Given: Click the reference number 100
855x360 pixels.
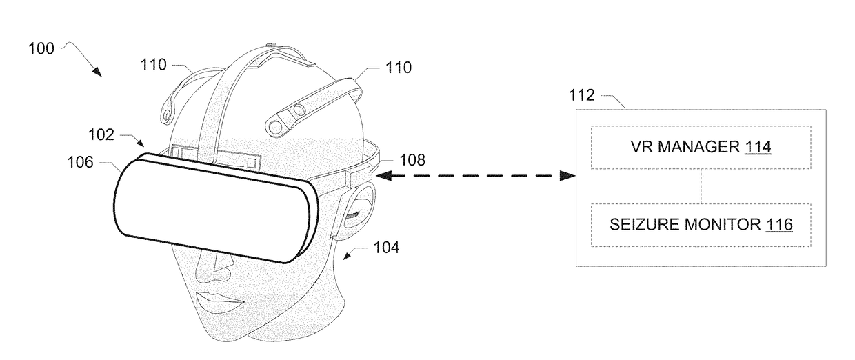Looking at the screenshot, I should point(41,49).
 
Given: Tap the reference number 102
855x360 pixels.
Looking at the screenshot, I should point(101,134).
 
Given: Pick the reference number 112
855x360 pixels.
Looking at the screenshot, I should point(582,95).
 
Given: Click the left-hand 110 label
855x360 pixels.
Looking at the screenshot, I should point(154,65).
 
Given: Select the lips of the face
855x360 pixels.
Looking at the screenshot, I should point(219,301).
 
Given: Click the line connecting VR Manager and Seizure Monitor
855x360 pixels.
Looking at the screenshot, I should point(701,186).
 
